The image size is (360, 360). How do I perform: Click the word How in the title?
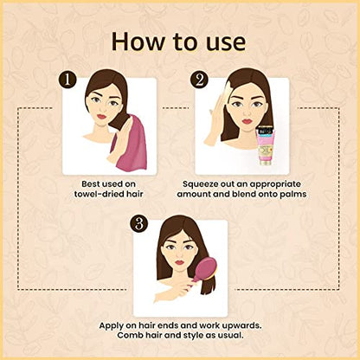tap(138, 42)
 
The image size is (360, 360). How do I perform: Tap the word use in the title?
tap(227, 44)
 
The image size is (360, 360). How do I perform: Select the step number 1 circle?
tap(67, 79)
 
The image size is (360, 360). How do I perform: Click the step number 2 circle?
tap(199, 79)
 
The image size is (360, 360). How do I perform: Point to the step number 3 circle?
tap(139, 222)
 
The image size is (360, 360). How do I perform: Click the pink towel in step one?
tap(132, 145)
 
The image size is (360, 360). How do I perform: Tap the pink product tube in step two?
tap(266, 145)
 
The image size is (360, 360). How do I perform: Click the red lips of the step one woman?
tap(102, 117)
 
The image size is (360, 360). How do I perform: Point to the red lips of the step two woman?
tap(247, 121)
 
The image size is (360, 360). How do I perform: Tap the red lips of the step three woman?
tap(179, 262)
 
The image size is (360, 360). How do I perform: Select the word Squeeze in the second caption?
tap(200, 184)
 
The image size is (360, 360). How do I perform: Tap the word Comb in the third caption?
tap(128, 336)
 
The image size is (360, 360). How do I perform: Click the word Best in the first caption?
tap(91, 184)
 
